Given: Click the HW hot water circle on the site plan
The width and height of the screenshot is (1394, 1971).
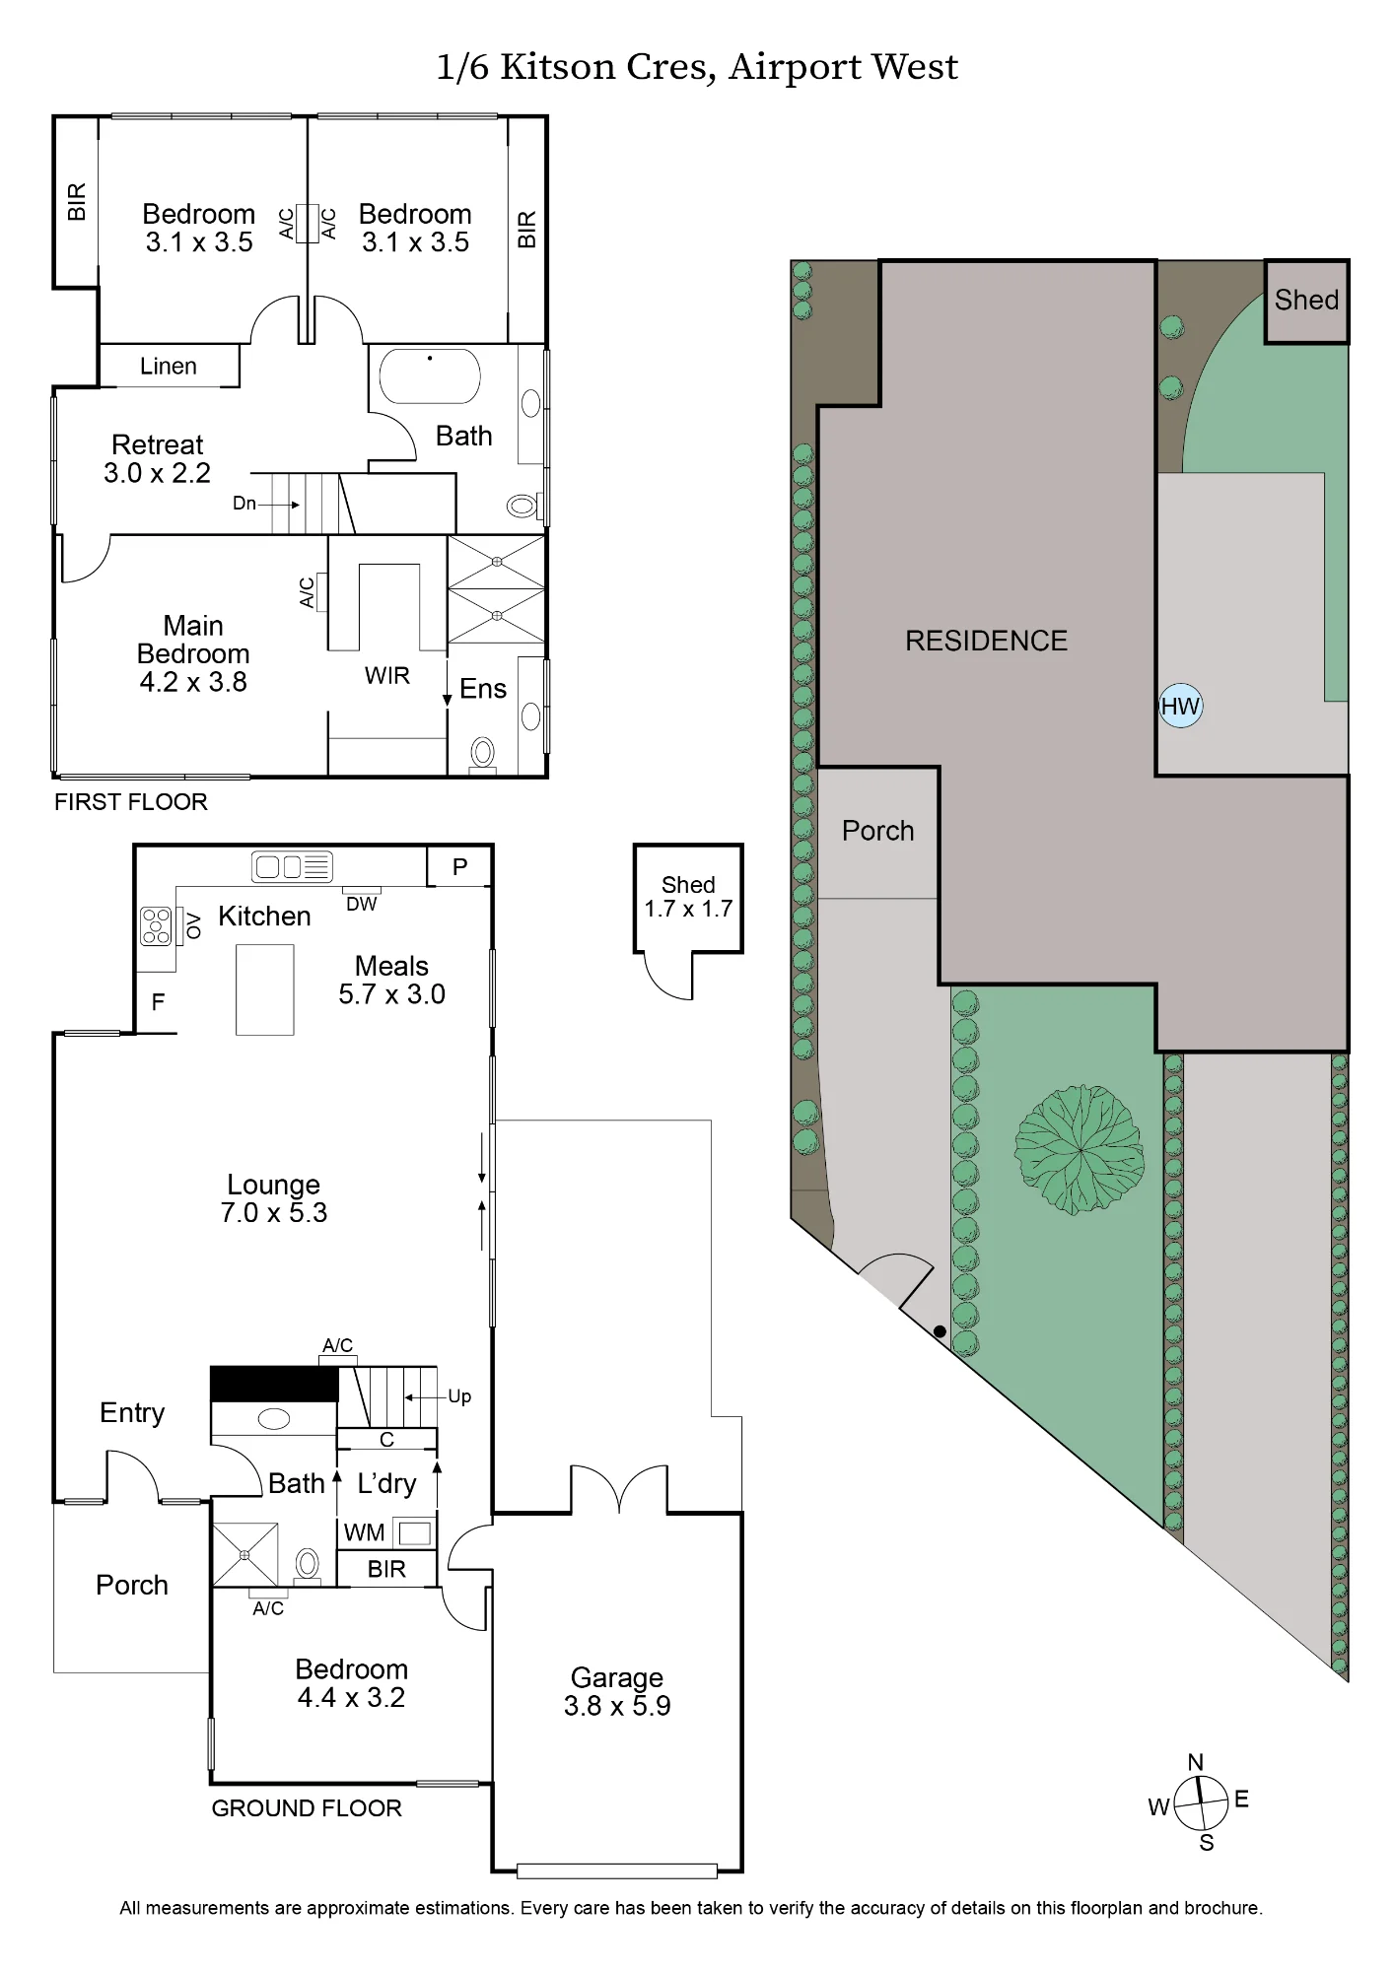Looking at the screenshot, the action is coord(1180,706).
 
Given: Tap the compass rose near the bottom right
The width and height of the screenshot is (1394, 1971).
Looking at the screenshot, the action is coord(1199,1801).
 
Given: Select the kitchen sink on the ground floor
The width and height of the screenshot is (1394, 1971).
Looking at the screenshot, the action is coord(292,866).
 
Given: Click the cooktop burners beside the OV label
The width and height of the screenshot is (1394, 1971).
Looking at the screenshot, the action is coord(157,925).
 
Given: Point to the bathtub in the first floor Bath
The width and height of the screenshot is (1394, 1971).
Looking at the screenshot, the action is coord(430,375).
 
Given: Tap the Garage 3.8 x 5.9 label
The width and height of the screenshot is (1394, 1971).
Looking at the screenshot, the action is coord(617,1691).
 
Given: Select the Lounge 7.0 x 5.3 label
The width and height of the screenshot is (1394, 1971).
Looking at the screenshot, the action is coord(274,1198).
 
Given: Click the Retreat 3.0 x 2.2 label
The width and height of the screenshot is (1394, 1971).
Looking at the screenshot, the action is coord(158,458).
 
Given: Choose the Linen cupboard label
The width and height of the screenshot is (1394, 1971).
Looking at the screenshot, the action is coord(169,367).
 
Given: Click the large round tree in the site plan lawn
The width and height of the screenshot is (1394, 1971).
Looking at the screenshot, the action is coord(1080,1149).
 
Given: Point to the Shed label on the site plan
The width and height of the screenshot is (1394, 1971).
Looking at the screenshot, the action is coord(1306,300).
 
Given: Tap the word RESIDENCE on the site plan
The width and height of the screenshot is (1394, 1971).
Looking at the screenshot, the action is coord(986,641).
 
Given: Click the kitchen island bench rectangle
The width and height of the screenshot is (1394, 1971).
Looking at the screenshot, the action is coord(265,989).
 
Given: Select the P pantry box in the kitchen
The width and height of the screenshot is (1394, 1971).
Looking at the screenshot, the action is coord(459,866).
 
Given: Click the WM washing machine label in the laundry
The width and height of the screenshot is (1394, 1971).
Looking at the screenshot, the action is coord(364,1532).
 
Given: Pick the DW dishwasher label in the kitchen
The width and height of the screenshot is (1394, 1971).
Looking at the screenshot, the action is coord(362,904).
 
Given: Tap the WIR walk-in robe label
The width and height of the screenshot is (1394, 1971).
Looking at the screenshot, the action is coord(387,675).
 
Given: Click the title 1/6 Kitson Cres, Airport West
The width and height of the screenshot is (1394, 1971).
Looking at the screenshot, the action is coord(697,68).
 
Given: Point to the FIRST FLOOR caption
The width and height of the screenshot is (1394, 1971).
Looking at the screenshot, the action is coord(131,802).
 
